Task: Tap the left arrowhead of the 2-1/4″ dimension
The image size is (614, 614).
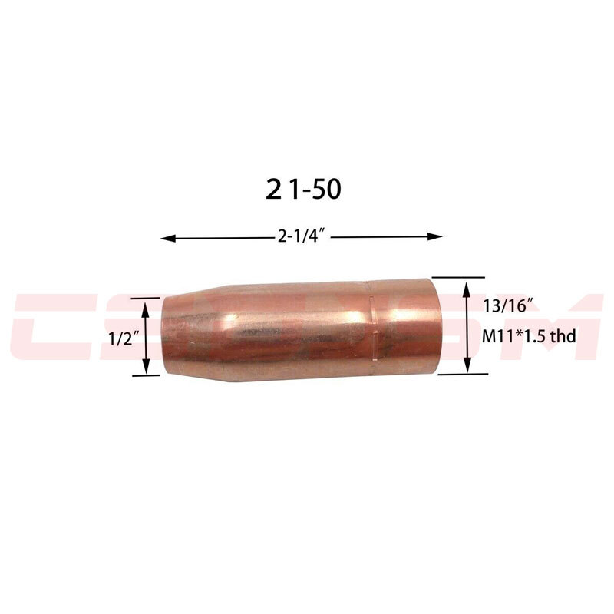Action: point(165,238)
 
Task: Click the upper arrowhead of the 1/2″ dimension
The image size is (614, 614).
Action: point(146,304)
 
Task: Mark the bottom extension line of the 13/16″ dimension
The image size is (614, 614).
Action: point(460,375)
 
